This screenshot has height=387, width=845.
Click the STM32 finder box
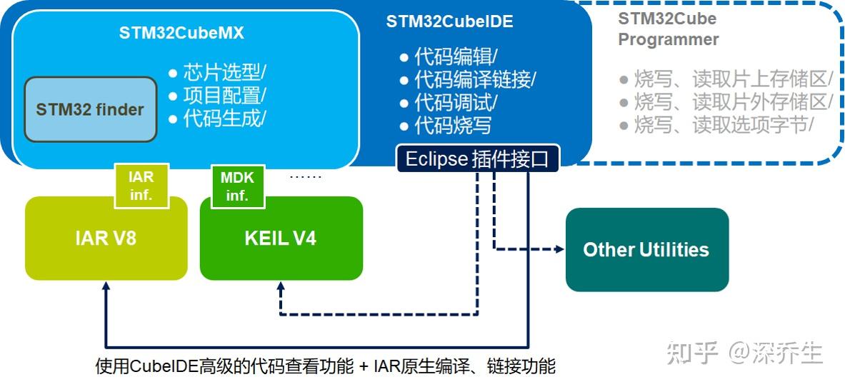[91, 109]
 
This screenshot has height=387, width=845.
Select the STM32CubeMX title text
[181, 33]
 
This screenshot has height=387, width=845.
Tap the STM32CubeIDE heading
[449, 21]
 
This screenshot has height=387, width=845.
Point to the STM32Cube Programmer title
[668, 29]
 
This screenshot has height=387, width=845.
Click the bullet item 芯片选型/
[217, 73]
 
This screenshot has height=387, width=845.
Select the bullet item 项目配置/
[217, 95]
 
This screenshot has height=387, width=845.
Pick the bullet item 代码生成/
[217, 118]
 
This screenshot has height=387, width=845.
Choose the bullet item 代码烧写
[446, 126]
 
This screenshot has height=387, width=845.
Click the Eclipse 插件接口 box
[478, 159]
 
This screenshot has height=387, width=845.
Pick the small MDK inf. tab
[237, 186]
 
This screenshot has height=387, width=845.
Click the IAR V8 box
[106, 238]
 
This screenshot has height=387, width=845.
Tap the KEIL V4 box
[281, 238]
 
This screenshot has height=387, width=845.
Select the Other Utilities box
[646, 249]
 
